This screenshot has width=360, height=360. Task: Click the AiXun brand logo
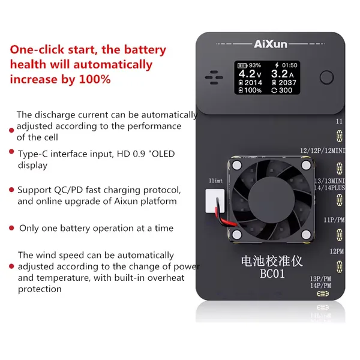click(x=271, y=44)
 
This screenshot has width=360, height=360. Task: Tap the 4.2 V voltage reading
click(x=250, y=74)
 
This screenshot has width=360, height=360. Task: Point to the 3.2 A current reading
click(x=282, y=74)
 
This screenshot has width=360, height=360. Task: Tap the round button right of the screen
click(x=326, y=77)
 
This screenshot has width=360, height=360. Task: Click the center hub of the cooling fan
click(x=271, y=200)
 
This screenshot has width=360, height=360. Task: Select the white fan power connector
click(x=215, y=201)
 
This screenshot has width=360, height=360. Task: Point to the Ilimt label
click(x=215, y=181)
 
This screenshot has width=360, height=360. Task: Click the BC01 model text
click(x=272, y=274)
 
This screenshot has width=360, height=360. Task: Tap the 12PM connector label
click(x=337, y=251)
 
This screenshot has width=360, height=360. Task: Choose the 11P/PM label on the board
click(x=334, y=220)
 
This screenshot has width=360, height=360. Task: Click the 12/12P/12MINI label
click(x=323, y=151)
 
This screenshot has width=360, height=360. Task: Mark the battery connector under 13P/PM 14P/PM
click(x=323, y=293)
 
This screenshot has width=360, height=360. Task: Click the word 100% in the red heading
click(x=95, y=79)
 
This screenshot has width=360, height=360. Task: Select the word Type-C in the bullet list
click(x=33, y=154)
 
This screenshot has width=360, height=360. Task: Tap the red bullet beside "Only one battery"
click(x=11, y=228)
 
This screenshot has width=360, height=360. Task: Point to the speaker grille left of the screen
click(x=214, y=77)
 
